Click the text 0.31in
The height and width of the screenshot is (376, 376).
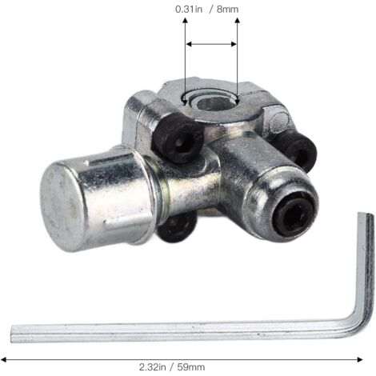point(188,9)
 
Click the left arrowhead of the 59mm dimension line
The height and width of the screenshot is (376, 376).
point(4,359)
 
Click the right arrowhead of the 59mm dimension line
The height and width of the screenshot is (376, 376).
point(373,359)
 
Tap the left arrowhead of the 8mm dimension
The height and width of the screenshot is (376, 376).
point(187,45)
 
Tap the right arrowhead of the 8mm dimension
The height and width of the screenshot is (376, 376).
point(236,45)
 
